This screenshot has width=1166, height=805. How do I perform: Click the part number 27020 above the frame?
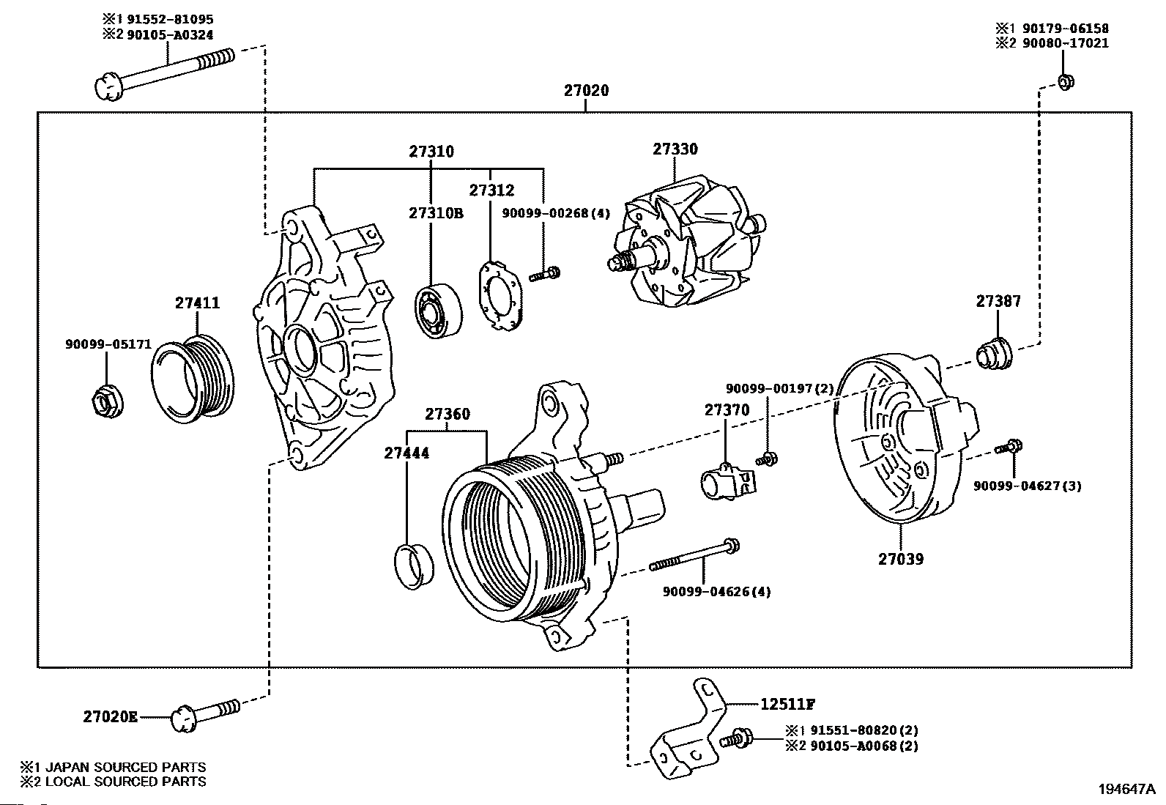point(586,91)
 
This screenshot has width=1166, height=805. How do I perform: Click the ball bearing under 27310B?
point(438,311)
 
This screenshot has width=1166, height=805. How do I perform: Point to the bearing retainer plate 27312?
point(500,297)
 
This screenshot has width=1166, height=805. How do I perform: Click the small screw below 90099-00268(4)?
point(544,274)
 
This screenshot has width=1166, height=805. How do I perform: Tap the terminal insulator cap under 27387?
point(994,354)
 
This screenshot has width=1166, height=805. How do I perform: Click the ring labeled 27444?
point(414,566)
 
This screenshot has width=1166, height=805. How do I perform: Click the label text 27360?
point(448,414)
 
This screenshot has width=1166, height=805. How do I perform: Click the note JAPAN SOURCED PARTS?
point(125,767)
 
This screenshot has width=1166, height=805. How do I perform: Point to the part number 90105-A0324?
point(170,35)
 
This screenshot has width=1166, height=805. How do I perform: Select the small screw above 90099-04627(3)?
point(1009,448)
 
